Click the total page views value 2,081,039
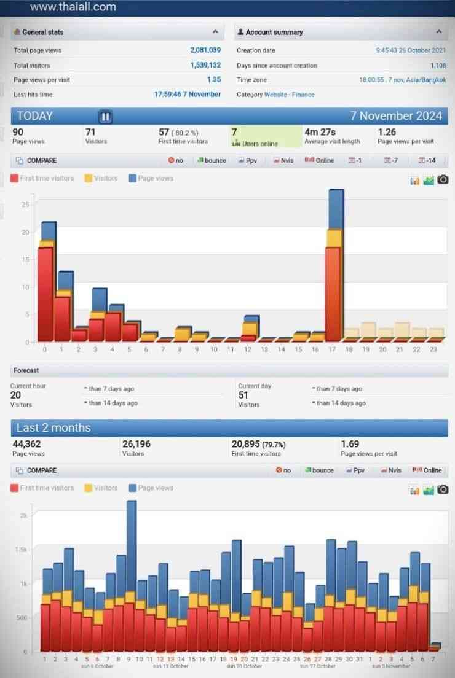coord(205,50)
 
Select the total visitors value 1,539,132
coord(205,65)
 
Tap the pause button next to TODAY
coord(105,117)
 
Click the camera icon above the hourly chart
coord(443,179)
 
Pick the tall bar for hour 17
coord(335,264)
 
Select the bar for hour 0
coord(47,282)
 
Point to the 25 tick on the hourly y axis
coord(25,205)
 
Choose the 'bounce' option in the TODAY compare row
coord(212,161)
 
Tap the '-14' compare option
coord(427,161)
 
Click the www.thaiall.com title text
coord(73,7)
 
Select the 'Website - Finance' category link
coord(289,95)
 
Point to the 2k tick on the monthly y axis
coord(23,516)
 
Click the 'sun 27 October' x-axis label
coord(318,666)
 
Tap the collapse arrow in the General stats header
coord(215,31)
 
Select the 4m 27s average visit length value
coord(320,132)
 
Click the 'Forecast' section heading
coord(26,371)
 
